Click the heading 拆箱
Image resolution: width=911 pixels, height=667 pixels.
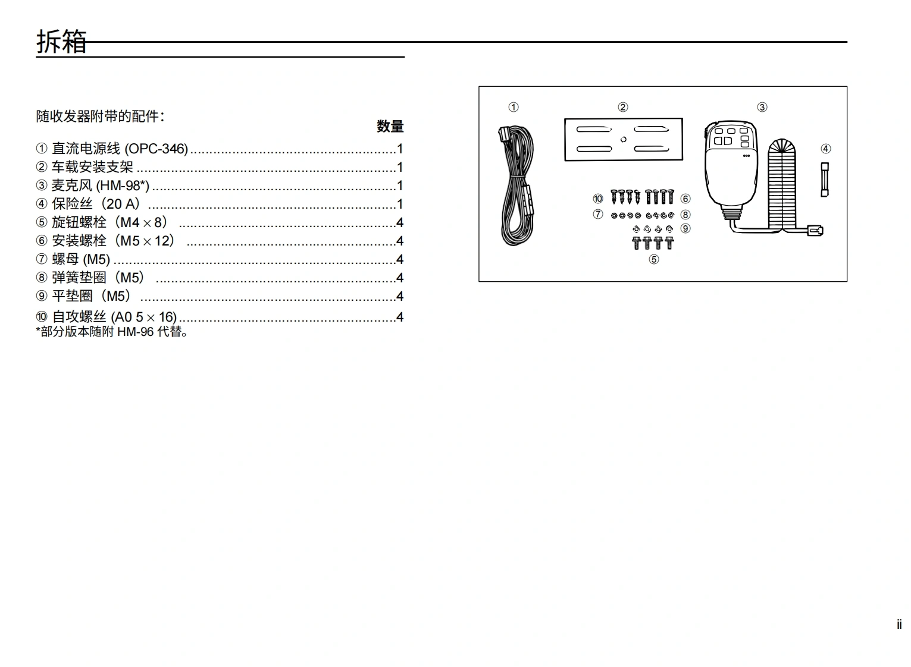point(61,42)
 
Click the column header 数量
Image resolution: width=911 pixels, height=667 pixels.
point(390,126)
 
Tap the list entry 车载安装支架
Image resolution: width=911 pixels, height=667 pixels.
point(92,167)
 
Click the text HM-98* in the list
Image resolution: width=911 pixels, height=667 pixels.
point(123,185)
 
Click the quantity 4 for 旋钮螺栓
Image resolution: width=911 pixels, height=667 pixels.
point(400,223)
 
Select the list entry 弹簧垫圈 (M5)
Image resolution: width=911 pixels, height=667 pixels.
point(98,278)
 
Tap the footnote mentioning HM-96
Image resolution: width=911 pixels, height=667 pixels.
point(112,332)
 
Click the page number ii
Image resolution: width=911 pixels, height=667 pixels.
point(899,625)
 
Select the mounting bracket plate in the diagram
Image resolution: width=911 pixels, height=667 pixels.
point(623,139)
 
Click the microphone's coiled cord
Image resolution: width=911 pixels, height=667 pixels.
point(781,184)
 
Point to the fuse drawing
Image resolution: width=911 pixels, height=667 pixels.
point(825,180)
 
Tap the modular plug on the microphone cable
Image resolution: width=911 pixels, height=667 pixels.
point(814,231)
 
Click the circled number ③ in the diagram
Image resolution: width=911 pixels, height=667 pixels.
point(762,107)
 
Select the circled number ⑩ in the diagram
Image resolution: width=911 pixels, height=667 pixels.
point(597,199)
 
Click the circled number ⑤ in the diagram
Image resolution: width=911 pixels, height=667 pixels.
point(653,259)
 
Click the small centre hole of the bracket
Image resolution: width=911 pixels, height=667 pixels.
point(623,140)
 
